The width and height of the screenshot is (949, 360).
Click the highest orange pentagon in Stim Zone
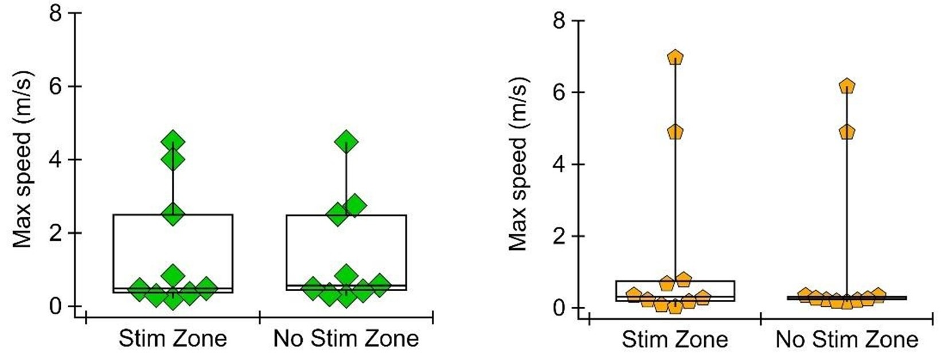click(675, 57)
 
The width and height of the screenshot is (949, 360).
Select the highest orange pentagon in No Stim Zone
click(847, 87)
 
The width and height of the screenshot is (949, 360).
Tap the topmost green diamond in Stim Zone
click(173, 141)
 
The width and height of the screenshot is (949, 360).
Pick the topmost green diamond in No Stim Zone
click(346, 141)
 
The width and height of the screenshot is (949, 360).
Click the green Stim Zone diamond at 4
click(173, 159)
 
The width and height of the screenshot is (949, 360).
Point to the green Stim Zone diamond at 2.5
click(173, 214)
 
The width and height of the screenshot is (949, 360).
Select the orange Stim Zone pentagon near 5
click(675, 132)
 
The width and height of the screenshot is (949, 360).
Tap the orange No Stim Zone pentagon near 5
click(847, 132)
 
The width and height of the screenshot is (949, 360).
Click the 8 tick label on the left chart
click(56, 13)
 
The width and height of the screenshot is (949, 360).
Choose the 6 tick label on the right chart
click(560, 93)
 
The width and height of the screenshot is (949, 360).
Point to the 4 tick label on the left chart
click(56, 159)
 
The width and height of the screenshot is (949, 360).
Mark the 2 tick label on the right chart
click(560, 236)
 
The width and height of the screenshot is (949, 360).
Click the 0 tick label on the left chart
click(56, 306)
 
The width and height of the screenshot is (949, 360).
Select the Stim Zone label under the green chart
click(173, 339)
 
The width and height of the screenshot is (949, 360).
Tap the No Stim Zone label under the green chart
click(346, 339)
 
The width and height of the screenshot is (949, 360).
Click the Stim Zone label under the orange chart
click(675, 340)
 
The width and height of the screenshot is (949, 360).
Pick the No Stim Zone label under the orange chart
click(847, 340)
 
